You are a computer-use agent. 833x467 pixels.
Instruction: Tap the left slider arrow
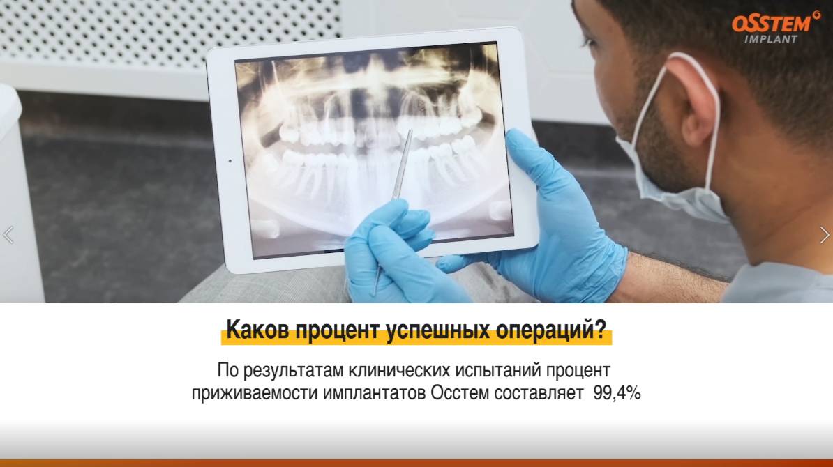pyautogui.click(x=8, y=236)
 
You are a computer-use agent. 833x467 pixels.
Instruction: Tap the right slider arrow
pyautogui.click(x=825, y=236)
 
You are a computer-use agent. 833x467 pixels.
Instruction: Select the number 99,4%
pyautogui.click(x=617, y=393)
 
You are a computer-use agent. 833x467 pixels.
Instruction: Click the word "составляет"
pyautogui.click(x=539, y=393)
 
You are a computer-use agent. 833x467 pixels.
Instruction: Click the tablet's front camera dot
pyautogui.click(x=230, y=160)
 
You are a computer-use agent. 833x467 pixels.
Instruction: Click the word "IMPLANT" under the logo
pyautogui.click(x=771, y=39)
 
